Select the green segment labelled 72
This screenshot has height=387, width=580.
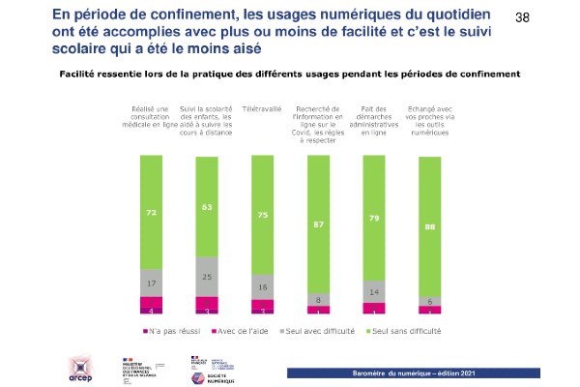(x=151, y=211)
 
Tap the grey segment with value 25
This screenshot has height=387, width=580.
(x=207, y=277)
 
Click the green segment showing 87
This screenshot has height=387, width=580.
(x=318, y=224)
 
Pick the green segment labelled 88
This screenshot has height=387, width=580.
(x=429, y=226)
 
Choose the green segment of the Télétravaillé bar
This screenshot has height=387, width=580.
(x=263, y=217)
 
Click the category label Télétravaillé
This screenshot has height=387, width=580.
(x=263, y=110)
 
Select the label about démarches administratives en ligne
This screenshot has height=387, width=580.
(x=374, y=121)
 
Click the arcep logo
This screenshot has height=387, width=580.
(x=80, y=366)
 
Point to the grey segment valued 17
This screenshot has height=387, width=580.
(x=151, y=283)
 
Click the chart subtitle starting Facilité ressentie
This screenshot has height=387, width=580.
(x=290, y=73)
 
